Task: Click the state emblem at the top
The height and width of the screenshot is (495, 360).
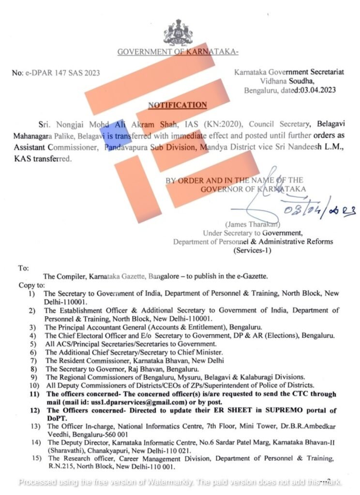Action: coord(179,32)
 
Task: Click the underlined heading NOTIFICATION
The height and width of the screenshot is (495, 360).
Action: coord(177,105)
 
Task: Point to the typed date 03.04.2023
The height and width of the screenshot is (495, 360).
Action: coord(318,90)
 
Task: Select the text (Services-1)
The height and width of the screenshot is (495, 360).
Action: coord(253,250)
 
